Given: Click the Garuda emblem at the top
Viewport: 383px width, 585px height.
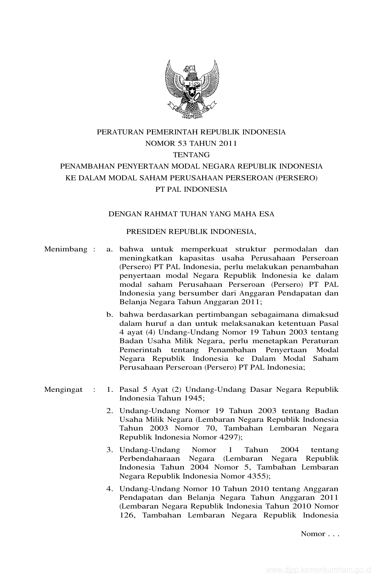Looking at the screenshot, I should tap(192, 89).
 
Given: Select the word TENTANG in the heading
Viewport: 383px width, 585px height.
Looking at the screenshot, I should tap(191, 155).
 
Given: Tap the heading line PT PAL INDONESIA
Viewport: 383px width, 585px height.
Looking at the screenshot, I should tap(191, 190).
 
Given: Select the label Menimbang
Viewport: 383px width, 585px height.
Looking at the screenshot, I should tap(66, 249).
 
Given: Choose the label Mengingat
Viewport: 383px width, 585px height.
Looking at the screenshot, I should tap(63, 390).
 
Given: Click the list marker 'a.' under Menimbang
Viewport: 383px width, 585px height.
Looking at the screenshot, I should tap(110, 249).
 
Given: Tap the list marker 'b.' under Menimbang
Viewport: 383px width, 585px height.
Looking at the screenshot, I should tap(110, 315).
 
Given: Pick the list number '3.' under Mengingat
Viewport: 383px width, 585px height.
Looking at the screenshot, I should tap(110, 450).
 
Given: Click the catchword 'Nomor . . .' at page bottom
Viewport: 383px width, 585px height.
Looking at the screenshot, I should tap(320, 534).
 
